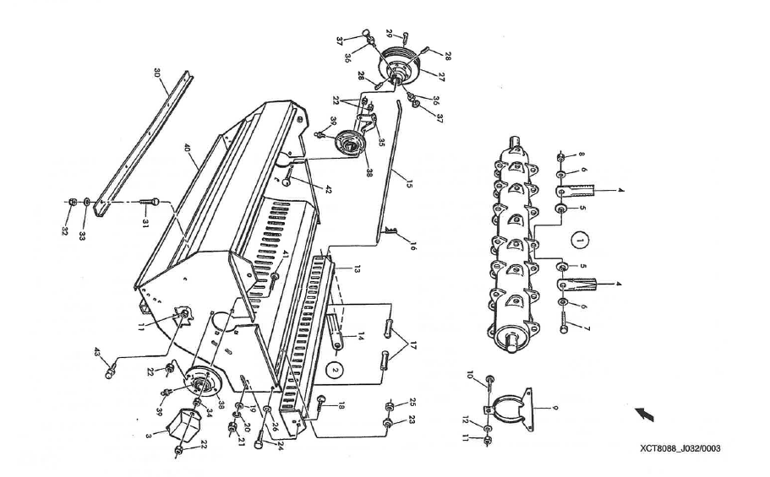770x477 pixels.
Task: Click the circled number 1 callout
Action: click(x=580, y=239)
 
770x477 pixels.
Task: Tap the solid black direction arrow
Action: click(x=645, y=414)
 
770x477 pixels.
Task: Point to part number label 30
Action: click(x=158, y=73)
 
